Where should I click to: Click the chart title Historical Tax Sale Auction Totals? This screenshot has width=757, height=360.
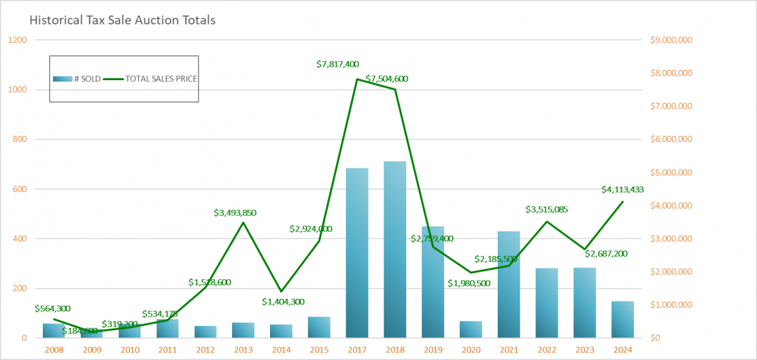point(122,20)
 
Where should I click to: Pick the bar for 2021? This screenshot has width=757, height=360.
point(508,284)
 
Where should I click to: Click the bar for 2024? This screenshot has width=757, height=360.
point(622,320)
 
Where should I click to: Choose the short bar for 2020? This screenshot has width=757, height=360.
point(471,330)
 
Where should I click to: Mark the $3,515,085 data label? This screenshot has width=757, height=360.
point(547,209)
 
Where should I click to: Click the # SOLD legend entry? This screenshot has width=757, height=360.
point(77,79)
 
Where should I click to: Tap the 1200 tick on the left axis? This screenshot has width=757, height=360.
point(19,40)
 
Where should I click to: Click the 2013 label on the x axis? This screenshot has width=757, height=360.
point(244,349)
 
